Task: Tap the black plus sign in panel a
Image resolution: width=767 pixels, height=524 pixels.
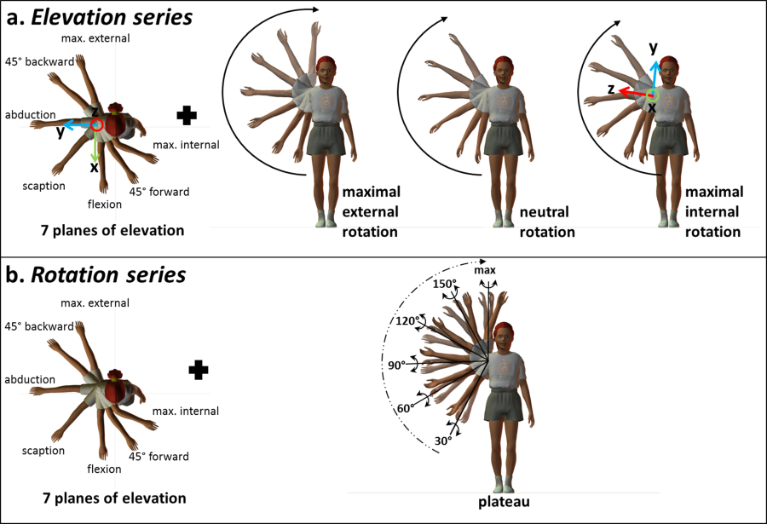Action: pyautogui.click(x=187, y=114)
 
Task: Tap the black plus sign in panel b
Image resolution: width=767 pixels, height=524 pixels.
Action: pyautogui.click(x=199, y=369)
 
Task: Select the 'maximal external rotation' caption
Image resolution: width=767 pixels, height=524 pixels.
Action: pyautogui.click(x=371, y=211)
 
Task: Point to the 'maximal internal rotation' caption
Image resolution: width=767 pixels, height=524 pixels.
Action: pyautogui.click(x=713, y=211)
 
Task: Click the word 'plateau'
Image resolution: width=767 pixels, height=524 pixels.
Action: pyautogui.click(x=505, y=502)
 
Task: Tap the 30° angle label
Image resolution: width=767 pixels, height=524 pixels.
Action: pyautogui.click(x=441, y=441)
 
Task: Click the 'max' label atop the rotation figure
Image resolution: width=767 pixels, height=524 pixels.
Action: pyautogui.click(x=485, y=270)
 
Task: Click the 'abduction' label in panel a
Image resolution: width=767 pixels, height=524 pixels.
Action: pyautogui.click(x=30, y=115)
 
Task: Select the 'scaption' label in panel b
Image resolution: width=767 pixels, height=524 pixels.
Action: pyautogui.click(x=45, y=449)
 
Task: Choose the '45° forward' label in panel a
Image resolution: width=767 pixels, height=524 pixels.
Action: pyautogui.click(x=159, y=192)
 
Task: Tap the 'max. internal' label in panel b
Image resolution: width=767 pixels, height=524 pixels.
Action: pyautogui.click(x=186, y=412)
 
